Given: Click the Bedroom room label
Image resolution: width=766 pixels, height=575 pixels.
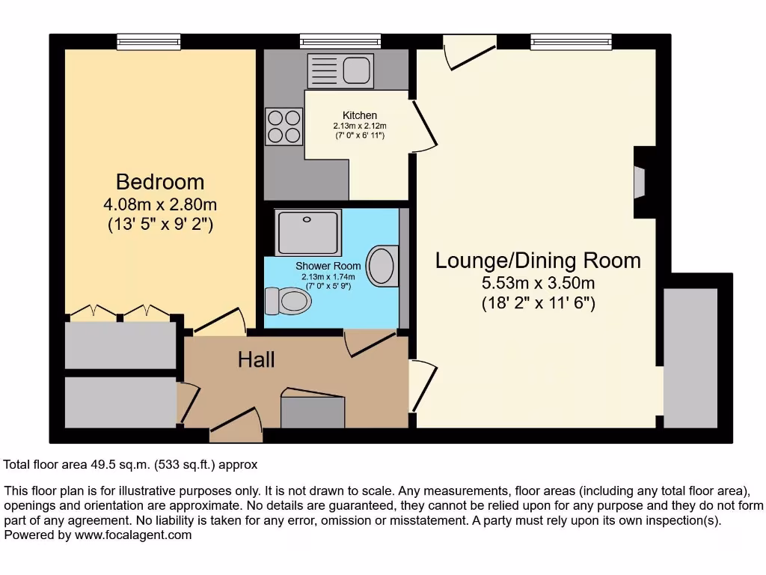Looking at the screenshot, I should (x=160, y=182).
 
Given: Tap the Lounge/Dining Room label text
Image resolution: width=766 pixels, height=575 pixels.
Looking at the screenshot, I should (x=538, y=261).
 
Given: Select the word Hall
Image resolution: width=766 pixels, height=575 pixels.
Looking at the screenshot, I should (x=256, y=360).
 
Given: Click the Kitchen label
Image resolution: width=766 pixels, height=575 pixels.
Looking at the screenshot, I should (x=359, y=115).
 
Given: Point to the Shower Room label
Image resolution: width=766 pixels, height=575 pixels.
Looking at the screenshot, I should (x=328, y=266).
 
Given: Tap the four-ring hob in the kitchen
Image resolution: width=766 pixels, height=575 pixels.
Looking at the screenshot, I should (x=284, y=126).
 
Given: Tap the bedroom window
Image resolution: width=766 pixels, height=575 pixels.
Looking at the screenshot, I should (x=149, y=42).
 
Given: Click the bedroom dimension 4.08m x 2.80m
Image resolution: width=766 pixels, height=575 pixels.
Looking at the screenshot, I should (x=160, y=204).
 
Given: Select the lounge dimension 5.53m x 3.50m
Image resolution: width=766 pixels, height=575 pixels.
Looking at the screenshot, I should (x=538, y=284).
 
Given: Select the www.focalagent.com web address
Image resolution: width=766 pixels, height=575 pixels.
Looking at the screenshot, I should (x=129, y=535).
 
